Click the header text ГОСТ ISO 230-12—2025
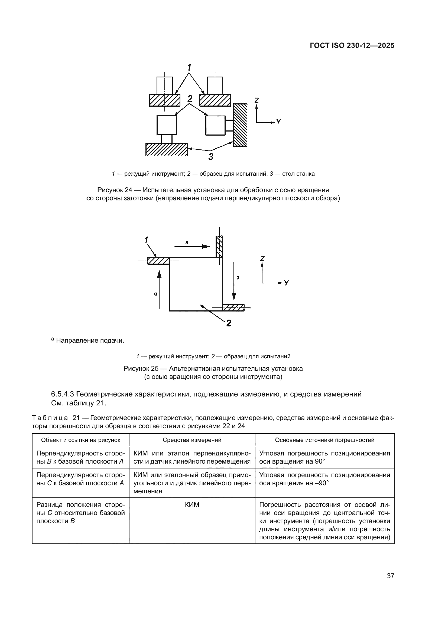coord(352,46)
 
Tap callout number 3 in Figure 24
coord(211,157)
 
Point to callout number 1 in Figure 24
coord(189,67)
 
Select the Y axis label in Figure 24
coord(279,122)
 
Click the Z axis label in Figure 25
coord(262,259)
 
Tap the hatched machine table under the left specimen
coord(166,149)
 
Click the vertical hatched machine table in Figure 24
coord(240,125)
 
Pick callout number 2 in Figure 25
coord(228,323)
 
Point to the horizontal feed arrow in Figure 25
coord(192,246)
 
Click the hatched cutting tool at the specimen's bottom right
coord(233,307)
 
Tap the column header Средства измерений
coord(192,440)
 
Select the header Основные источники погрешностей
coord(324,440)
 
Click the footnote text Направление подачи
coord(90,340)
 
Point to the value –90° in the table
coord(321,483)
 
